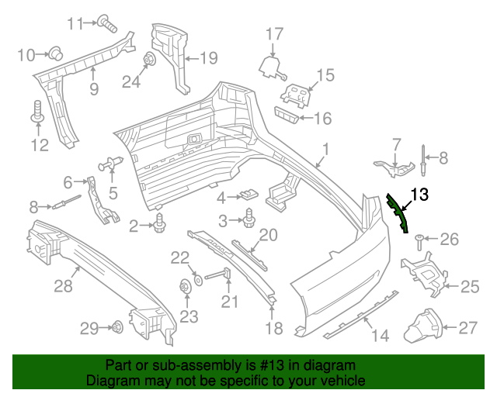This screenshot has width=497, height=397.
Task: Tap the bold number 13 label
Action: (x=419, y=195)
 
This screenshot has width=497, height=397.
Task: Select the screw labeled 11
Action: (x=106, y=23)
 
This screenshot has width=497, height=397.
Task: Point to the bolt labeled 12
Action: (x=36, y=112)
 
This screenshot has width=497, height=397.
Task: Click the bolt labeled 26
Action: (x=419, y=240)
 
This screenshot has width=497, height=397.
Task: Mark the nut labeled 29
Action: (x=116, y=327)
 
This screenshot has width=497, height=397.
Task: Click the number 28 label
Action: (x=62, y=287)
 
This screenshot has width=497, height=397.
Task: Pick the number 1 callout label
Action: (x=326, y=148)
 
